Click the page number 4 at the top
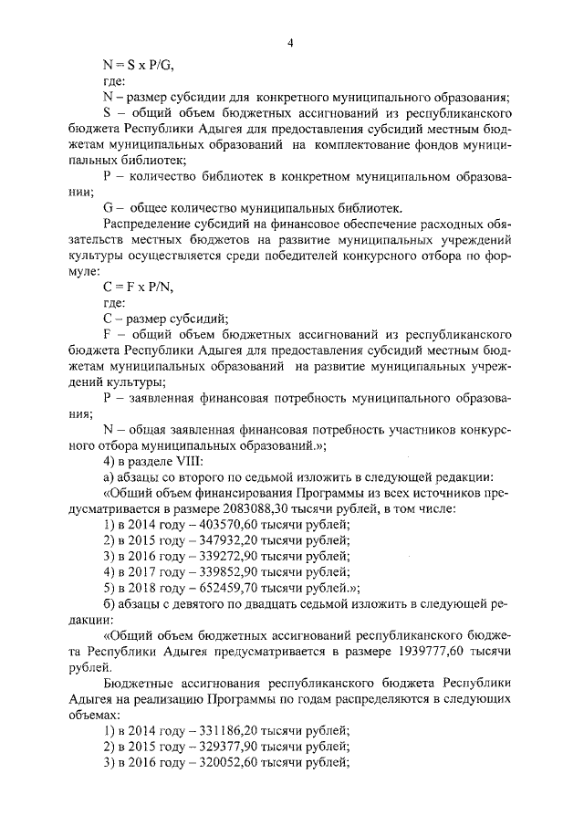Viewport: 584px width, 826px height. click(x=291, y=41)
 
